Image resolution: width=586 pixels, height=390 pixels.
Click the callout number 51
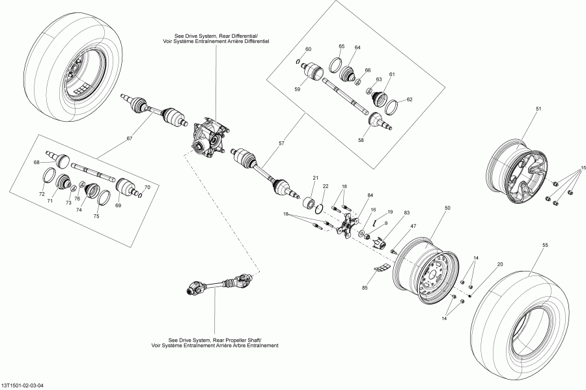tap(538, 109)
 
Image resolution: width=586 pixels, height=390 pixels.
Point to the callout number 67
tap(130, 139)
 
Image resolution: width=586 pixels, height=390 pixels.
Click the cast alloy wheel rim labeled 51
tap(518, 169)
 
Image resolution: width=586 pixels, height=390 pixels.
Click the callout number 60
tap(308, 49)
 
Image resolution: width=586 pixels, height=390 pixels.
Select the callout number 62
tap(410, 100)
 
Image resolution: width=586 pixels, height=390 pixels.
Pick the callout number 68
tap(36, 162)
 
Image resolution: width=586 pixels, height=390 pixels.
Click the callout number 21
tap(315, 178)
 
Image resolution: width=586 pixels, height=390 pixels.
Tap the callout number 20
tap(499, 264)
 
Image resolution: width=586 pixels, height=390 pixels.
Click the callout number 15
tap(583, 167)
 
